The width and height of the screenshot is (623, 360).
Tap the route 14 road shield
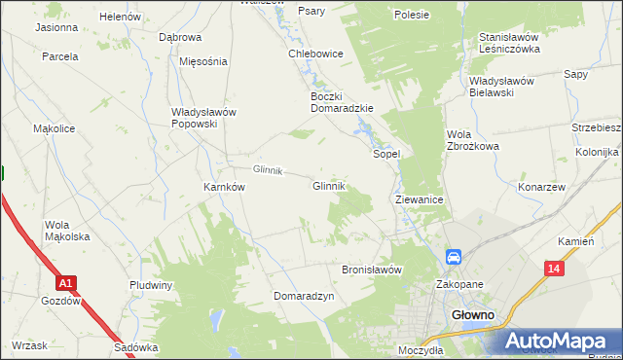point(554,268)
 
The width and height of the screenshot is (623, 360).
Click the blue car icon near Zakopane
point(454,257)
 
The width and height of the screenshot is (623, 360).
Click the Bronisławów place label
point(371,270)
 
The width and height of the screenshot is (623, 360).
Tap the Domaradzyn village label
point(304,295)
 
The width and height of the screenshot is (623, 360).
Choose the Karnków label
point(223,187)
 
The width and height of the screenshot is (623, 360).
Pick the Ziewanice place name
point(421,199)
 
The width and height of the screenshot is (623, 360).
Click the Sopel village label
point(387,154)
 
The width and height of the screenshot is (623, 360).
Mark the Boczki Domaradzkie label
point(342,102)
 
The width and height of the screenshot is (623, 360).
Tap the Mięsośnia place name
point(203,60)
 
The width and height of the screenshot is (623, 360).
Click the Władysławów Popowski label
point(203,118)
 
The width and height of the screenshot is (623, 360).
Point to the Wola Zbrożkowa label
point(472,140)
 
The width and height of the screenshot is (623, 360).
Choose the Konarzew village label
point(542,187)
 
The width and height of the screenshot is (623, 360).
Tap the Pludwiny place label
point(151,285)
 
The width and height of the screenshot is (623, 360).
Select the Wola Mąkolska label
point(67,231)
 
